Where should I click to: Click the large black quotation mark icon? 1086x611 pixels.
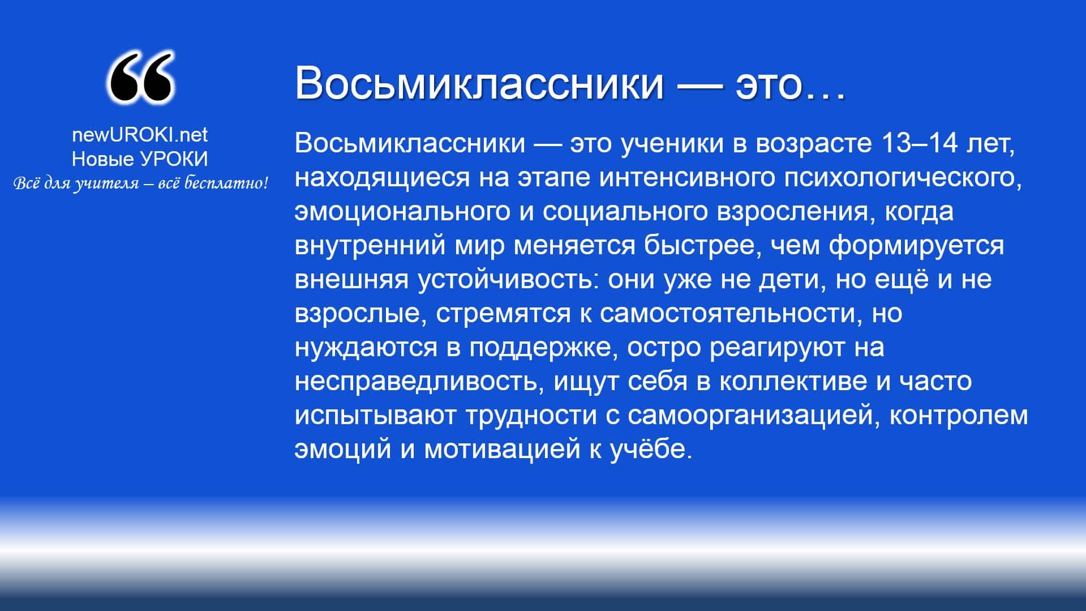coord(140,78)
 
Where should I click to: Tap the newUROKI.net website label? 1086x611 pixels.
coord(140,135)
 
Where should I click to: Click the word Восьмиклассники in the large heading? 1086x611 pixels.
coord(479,83)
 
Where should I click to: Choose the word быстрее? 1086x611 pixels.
coord(701,246)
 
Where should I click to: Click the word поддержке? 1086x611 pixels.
coord(540,348)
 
